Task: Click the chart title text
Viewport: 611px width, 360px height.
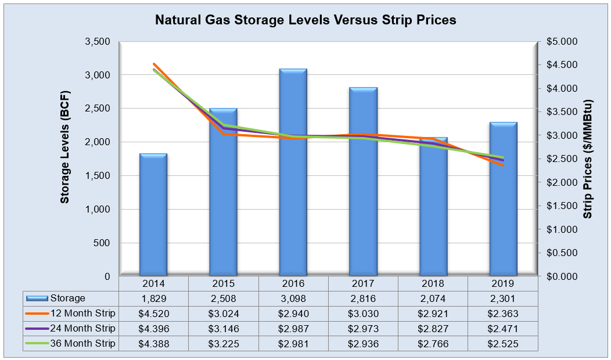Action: point(305,20)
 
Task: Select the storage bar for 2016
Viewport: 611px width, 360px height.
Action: point(293,174)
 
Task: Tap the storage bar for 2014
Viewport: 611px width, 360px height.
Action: point(153,215)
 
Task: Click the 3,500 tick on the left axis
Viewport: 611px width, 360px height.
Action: point(98,42)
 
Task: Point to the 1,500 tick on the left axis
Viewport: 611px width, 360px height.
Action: point(98,176)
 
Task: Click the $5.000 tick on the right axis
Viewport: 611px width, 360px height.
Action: point(562,42)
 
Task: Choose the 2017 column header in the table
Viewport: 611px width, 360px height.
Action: point(363,283)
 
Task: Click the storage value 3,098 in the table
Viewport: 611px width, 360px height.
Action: point(293,298)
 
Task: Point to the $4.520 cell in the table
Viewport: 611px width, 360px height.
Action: point(153,314)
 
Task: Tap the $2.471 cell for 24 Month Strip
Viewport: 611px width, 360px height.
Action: point(503,329)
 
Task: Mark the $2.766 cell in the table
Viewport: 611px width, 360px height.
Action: point(433,344)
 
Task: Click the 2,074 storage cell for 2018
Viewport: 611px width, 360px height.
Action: point(433,298)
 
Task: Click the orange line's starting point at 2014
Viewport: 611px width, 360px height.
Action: point(154,64)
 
